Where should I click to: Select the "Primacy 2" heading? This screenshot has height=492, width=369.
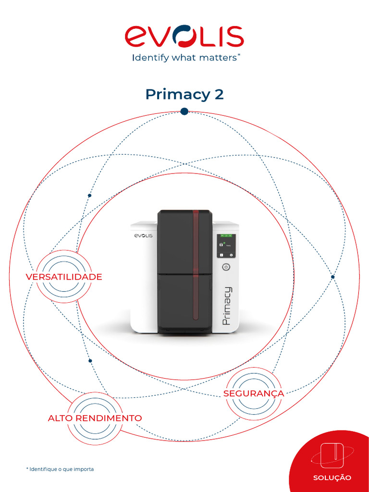pyautogui.click(x=184, y=94)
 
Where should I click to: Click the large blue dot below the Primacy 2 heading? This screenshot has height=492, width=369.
pyautogui.click(x=184, y=111)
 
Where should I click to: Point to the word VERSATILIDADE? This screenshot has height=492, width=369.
pyautogui.click(x=64, y=277)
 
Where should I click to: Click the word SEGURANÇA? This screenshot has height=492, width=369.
pyautogui.click(x=253, y=394)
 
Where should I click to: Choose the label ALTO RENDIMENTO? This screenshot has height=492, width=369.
pyautogui.click(x=95, y=418)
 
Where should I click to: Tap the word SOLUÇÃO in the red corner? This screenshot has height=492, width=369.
pyautogui.click(x=332, y=478)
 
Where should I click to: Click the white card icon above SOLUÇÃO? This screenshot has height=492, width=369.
pyautogui.click(x=332, y=454)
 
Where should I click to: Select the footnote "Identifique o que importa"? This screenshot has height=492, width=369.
pyautogui.click(x=60, y=468)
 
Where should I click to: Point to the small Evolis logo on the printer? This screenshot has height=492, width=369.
pyautogui.click(x=142, y=236)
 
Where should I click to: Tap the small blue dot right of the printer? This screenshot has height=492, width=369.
pyautogui.click(x=332, y=277)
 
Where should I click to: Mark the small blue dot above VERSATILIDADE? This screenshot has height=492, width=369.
pyautogui.click(x=89, y=196)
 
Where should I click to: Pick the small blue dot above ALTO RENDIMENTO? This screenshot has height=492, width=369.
pyautogui.click(x=90, y=360)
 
